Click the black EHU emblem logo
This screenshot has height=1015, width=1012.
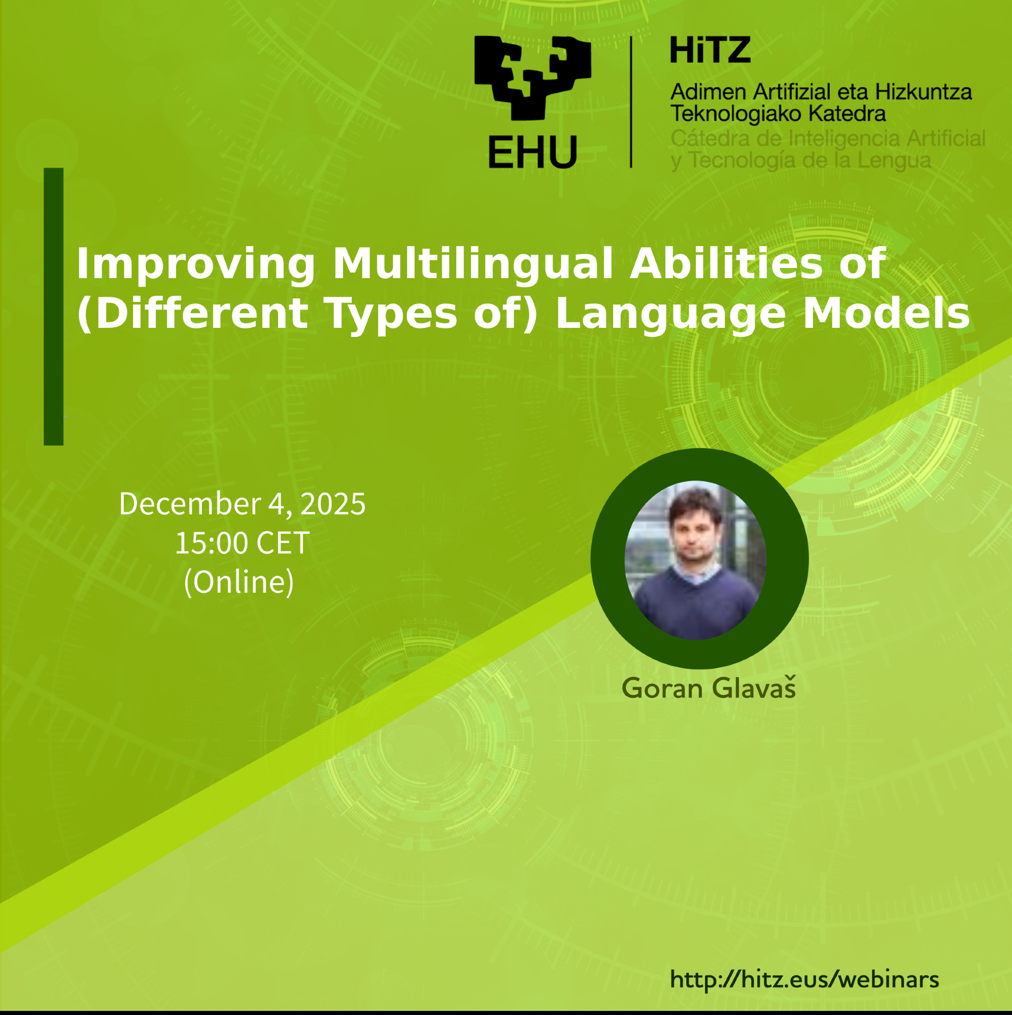tap(532, 78)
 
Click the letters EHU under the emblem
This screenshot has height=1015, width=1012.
tap(532, 152)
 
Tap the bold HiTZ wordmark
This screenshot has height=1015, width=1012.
tap(710, 50)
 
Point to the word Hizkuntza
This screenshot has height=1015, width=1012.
tap(923, 92)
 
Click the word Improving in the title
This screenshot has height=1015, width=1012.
tap(195, 264)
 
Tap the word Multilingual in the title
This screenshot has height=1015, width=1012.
tap(473, 264)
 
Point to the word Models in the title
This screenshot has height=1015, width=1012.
tap(887, 313)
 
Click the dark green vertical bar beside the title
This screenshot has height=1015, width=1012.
tap(54, 307)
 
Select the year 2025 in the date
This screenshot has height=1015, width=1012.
tap(332, 504)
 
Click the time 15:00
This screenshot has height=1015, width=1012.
tap(211, 543)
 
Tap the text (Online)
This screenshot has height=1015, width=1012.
tap(239, 582)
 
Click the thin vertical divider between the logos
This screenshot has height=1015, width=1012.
tap(630, 102)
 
